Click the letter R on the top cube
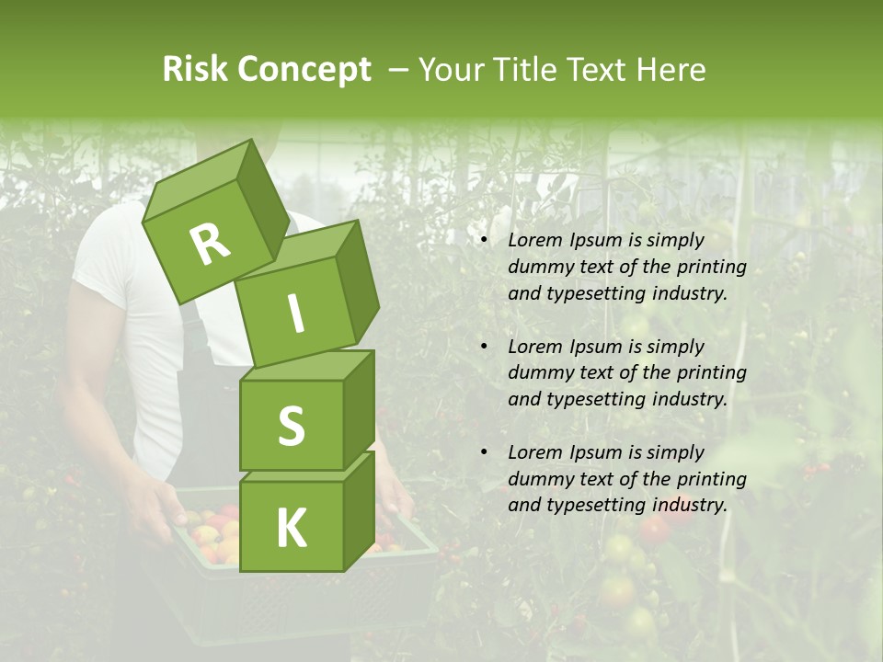[x=210, y=244]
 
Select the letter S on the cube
[x=291, y=426]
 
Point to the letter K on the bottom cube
[x=291, y=529]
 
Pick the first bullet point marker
[x=485, y=241]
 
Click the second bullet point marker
[x=485, y=347]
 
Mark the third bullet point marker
[x=485, y=452]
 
